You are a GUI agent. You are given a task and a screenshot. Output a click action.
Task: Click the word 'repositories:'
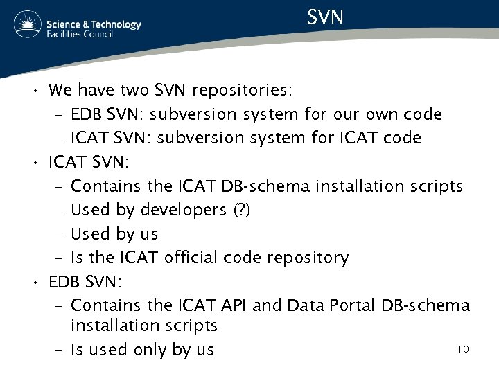pyautogui.click(x=242, y=91)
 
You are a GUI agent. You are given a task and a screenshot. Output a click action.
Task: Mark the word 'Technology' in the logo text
pyautogui.click(x=114, y=24)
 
